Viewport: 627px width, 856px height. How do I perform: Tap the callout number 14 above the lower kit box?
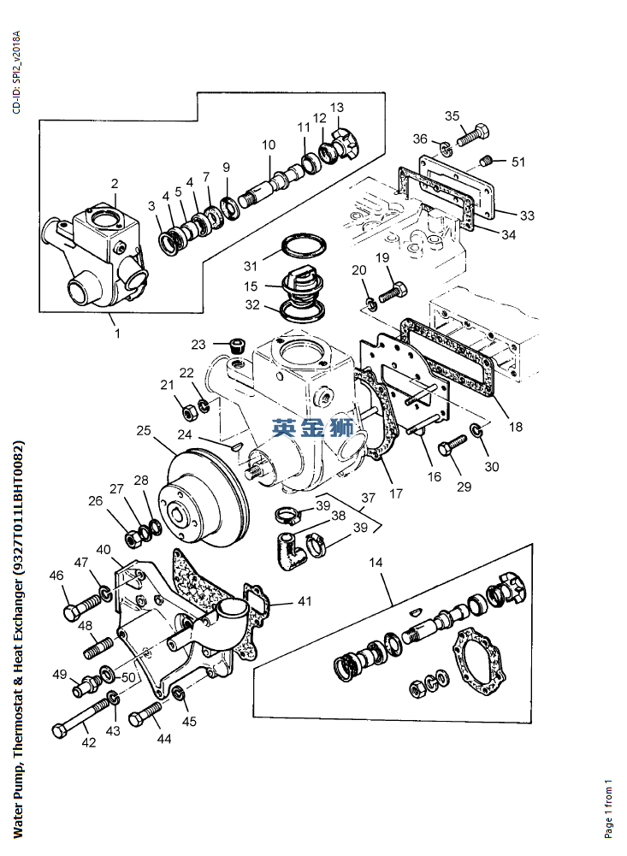pyautogui.click(x=376, y=563)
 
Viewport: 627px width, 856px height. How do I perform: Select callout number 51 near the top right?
pyautogui.click(x=518, y=162)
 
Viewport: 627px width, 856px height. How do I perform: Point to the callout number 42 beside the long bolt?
pyautogui.click(x=89, y=742)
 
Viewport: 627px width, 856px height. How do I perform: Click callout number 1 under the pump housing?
pyautogui.click(x=117, y=333)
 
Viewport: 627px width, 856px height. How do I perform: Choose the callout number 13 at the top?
pyautogui.click(x=337, y=108)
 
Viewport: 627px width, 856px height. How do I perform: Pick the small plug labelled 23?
pyautogui.click(x=237, y=346)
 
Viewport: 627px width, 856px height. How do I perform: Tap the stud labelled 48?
pyautogui.click(x=98, y=647)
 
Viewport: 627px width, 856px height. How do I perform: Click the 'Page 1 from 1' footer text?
pyautogui.click(x=608, y=808)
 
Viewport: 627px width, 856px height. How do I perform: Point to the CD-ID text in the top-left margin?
pyautogui.click(x=16, y=73)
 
